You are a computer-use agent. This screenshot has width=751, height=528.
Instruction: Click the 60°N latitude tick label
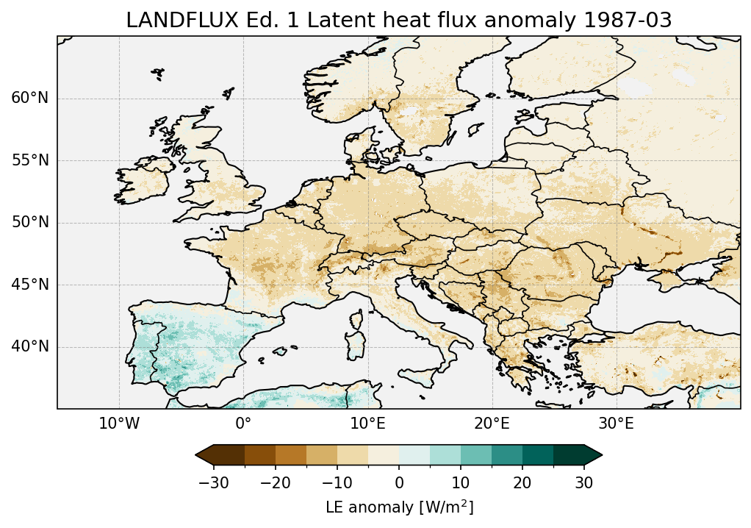click(29, 99)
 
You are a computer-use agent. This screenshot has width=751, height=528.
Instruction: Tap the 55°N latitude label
click(29, 160)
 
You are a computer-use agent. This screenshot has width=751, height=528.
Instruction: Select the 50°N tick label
click(29, 223)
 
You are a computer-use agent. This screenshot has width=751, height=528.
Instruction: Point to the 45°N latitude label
click(29, 285)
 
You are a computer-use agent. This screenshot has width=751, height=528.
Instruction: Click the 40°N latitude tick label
click(29, 346)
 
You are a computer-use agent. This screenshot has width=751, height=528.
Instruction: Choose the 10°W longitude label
click(119, 424)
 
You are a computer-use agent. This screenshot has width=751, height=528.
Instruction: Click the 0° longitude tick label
click(243, 424)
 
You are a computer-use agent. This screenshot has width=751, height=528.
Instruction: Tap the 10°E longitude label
click(367, 424)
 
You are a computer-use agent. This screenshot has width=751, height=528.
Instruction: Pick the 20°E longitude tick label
click(492, 424)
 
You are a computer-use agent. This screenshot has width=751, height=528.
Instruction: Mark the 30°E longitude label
click(616, 424)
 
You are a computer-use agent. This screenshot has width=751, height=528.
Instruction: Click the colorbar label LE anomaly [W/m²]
click(399, 507)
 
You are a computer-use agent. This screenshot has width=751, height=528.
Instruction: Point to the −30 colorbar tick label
click(213, 483)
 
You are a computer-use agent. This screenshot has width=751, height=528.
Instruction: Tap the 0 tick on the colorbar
click(399, 483)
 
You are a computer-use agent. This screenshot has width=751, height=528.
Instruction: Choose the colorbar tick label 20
click(522, 483)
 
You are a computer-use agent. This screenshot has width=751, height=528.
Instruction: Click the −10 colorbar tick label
click(337, 483)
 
